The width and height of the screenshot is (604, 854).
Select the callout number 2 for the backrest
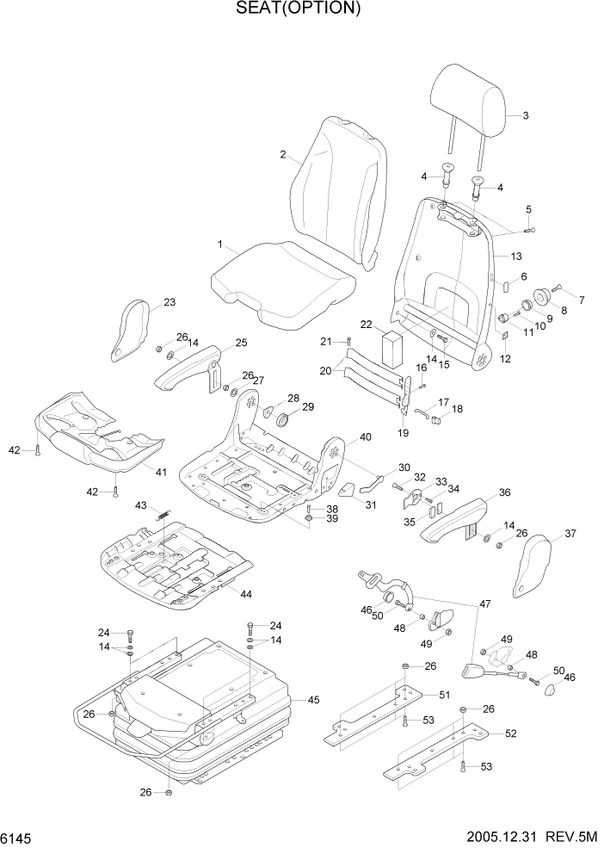[x=282, y=155]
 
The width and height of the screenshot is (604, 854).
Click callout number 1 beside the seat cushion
[x=220, y=245]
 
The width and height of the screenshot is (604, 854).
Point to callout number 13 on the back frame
[x=516, y=257]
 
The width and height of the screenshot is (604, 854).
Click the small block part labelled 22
[x=394, y=348]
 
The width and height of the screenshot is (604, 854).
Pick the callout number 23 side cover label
[x=169, y=301]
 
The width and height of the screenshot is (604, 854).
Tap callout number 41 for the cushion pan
[x=161, y=471]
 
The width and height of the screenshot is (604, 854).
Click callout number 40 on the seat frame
[x=365, y=437]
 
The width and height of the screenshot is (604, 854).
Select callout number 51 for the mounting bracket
[x=445, y=696]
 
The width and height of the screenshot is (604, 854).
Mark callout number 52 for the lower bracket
[x=510, y=733]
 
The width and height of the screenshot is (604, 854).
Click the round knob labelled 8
[x=544, y=297]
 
